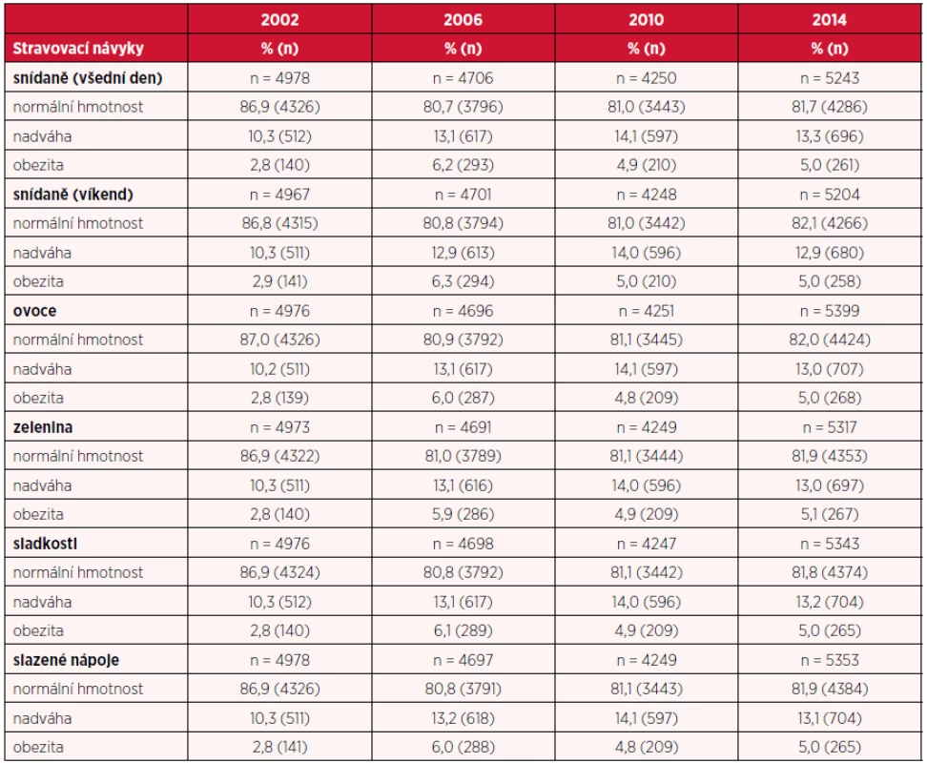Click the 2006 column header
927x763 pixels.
[463, 19]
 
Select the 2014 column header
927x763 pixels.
[830, 19]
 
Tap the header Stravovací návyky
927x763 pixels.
[78, 49]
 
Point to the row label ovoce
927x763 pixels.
[35, 311]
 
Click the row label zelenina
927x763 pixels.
[43, 427]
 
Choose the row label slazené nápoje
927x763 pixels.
[66, 660]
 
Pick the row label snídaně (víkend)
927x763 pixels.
[72, 195]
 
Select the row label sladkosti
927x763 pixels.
[45, 544]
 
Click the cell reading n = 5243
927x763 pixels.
[830, 78]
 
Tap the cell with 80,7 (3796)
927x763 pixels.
[463, 107]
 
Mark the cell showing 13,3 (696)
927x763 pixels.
[830, 136]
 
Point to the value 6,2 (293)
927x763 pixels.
[463, 165]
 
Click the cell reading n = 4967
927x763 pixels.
[279, 195]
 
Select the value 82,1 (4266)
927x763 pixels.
[830, 223]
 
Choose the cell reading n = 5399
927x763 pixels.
[830, 311]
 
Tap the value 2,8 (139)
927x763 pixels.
[279, 398]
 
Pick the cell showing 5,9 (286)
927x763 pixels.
[463, 514]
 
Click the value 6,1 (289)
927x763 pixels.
[463, 630]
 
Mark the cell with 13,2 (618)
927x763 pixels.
[463, 718]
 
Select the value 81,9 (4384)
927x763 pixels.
[830, 690]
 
